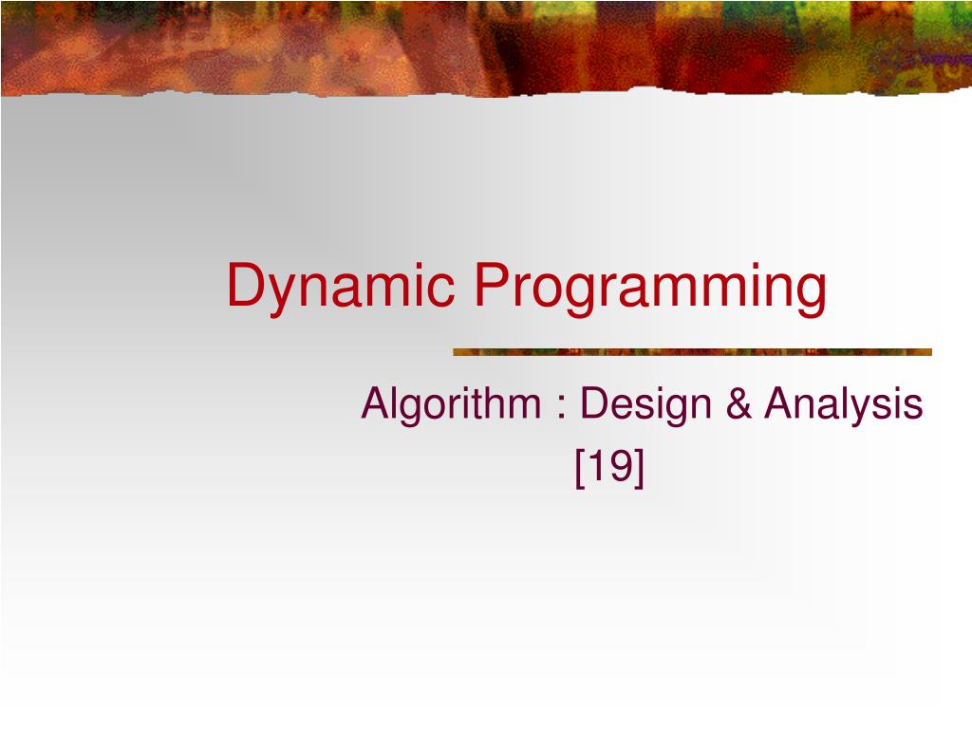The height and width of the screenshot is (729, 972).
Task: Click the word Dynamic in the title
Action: [341, 287]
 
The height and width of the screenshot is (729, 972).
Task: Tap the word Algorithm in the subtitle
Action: [451, 404]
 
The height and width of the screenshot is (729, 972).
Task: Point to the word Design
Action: [645, 404]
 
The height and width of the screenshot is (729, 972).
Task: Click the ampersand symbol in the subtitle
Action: [738, 402]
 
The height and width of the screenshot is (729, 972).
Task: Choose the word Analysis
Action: [844, 404]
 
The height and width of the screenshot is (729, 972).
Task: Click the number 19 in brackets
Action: [609, 465]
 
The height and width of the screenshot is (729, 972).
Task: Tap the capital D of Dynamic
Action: [248, 284]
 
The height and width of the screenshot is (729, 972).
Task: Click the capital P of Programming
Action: [494, 284]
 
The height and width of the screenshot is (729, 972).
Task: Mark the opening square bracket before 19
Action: [580, 468]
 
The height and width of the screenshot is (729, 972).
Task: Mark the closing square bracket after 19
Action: [639, 468]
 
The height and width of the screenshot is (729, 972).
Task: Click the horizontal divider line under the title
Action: [692, 352]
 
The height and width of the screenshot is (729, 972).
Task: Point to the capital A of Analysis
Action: [779, 402]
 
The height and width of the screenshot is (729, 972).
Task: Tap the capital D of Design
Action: [595, 402]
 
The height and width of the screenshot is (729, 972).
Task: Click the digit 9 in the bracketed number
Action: [621, 465]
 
